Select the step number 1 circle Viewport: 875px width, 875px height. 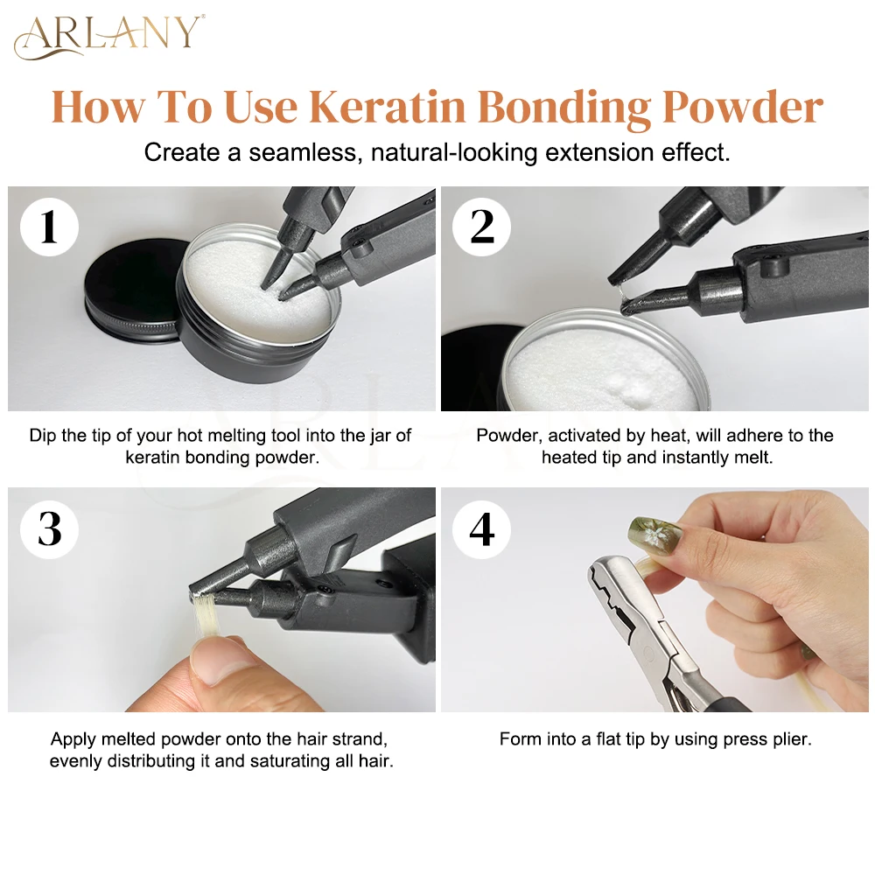coord(49,227)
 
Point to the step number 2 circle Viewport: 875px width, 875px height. coord(481,227)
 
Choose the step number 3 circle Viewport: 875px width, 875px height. coord(49,529)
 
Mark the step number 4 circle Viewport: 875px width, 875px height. coord(481,529)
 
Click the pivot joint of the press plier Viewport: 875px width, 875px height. coord(649,653)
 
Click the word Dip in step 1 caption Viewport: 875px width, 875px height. coord(42,436)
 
